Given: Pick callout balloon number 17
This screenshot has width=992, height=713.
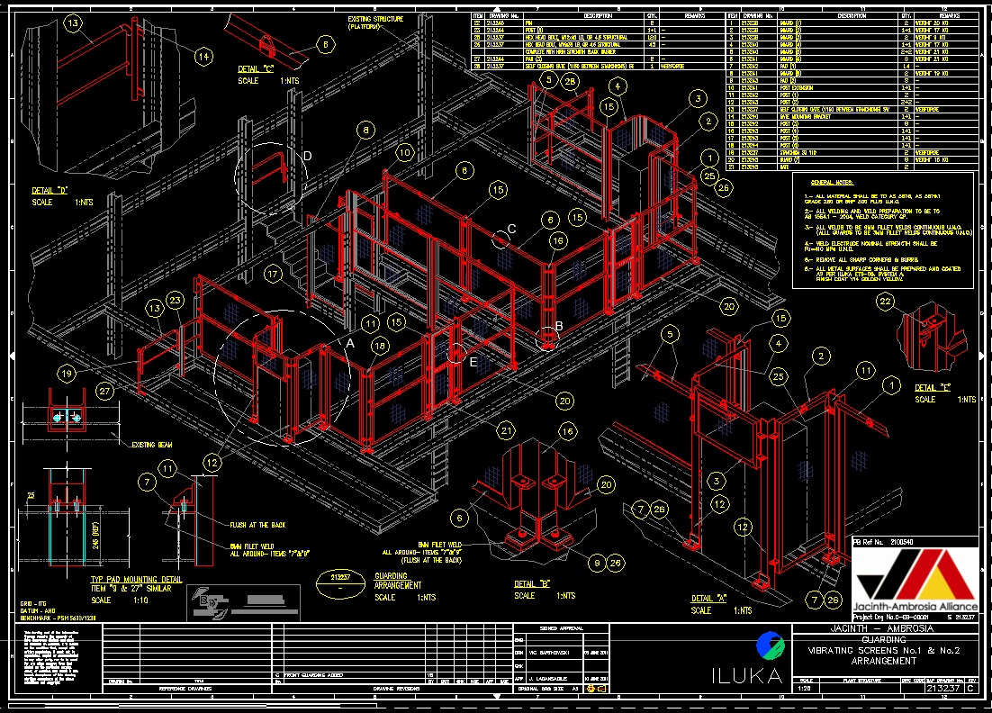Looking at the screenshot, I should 274,272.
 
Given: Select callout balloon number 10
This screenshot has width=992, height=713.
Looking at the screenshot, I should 404,154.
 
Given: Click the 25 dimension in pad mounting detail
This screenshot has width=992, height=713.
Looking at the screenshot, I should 32,496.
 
